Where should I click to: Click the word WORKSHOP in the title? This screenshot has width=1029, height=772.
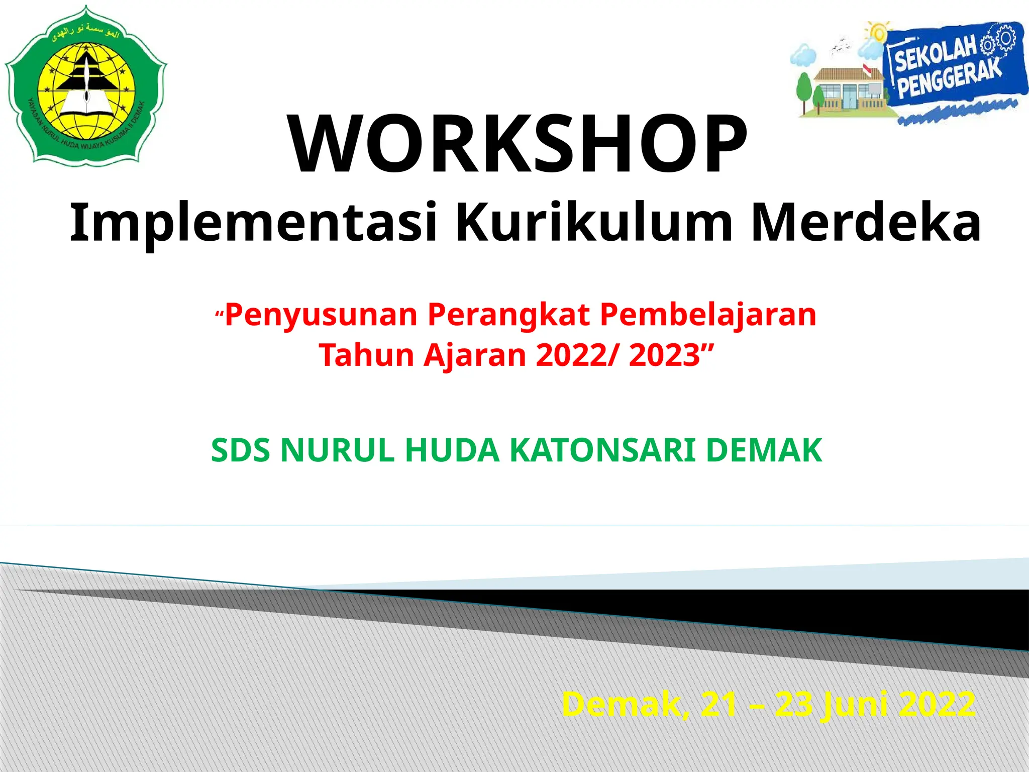click(518, 144)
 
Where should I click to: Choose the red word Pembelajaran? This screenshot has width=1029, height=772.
click(708, 316)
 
